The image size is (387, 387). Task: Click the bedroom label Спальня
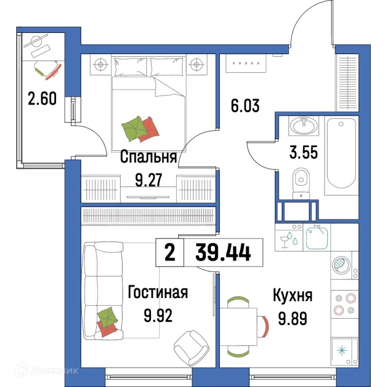(149, 157)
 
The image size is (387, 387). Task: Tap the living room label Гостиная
(158, 293)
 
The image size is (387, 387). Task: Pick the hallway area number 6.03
(245, 104)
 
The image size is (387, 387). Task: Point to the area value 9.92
(158, 316)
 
